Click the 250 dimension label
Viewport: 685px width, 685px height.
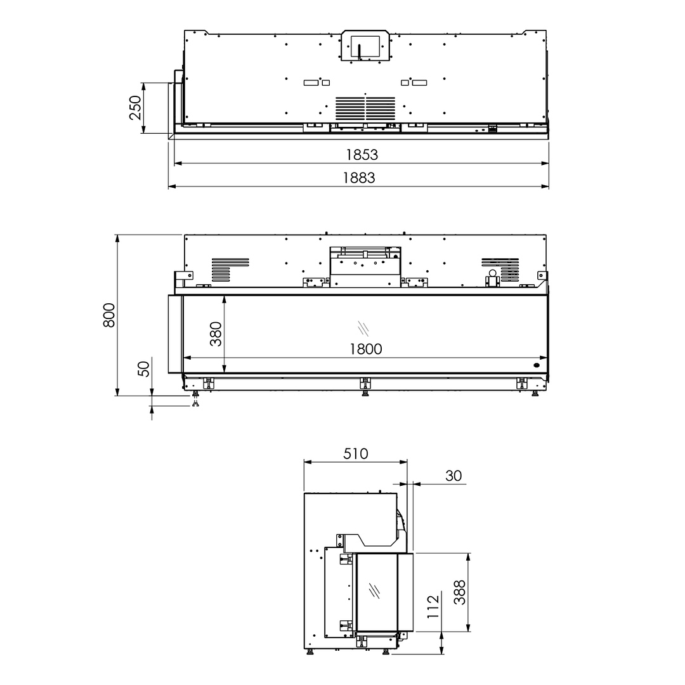tap(135, 108)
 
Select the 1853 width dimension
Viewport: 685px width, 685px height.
tap(362, 155)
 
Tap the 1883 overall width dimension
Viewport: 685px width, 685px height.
tap(359, 178)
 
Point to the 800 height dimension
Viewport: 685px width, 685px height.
tap(109, 315)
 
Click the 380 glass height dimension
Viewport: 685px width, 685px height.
tap(216, 334)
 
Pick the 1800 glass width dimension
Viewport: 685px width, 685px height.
tap(365, 349)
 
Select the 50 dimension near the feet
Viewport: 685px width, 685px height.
tap(145, 369)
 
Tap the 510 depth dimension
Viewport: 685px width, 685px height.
tap(355, 454)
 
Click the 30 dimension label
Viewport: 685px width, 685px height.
tap(453, 476)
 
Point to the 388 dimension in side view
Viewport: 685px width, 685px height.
tap(460, 592)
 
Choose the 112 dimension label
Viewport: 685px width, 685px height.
tap(434, 608)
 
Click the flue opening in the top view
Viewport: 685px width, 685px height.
tap(365, 47)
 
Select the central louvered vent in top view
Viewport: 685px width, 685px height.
tap(365, 108)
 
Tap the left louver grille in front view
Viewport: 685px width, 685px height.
tap(230, 269)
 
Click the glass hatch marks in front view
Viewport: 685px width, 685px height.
tap(363, 327)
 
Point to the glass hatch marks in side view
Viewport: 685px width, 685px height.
tap(375, 590)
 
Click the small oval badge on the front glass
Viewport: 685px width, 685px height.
tap(537, 365)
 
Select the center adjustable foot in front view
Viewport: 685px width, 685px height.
tap(365, 386)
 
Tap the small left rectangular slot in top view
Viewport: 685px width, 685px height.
tap(311, 82)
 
